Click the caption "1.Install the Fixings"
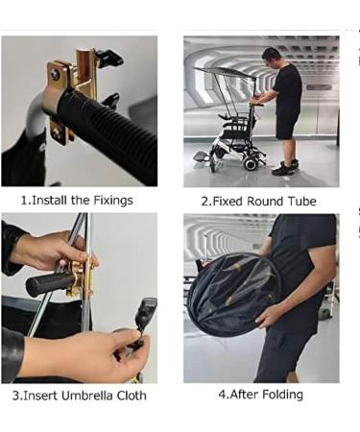77,201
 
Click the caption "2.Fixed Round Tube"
260,202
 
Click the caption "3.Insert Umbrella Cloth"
78,395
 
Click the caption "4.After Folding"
260,394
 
